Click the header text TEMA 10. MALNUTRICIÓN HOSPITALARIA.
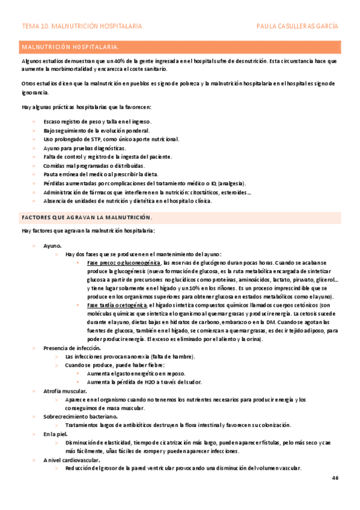82,26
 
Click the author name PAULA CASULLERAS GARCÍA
297,26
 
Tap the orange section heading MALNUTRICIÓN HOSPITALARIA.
70,46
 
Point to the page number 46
335,478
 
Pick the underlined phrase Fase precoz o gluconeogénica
123,263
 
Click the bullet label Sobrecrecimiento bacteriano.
81,416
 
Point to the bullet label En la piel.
56,434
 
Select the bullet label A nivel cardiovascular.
71,459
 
